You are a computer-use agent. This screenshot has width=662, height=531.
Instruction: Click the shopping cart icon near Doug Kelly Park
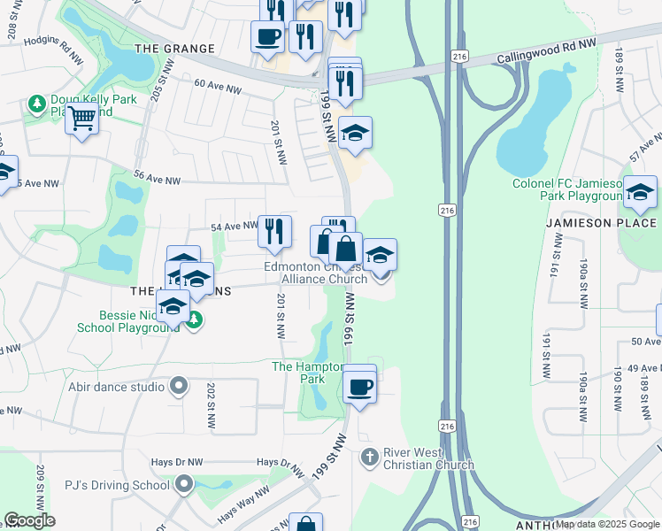[81, 117]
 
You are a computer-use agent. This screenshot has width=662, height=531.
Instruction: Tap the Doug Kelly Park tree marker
[37, 105]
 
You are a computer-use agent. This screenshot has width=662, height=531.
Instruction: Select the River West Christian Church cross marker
[371, 458]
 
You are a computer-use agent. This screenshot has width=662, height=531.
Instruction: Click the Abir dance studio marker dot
[180, 386]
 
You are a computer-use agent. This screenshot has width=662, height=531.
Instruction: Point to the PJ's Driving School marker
[184, 484]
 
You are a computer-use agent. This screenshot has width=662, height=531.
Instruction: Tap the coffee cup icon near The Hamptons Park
[359, 387]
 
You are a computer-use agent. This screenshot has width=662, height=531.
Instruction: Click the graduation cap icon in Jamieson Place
[640, 191]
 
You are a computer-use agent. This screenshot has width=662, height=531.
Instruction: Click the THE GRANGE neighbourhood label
[174, 49]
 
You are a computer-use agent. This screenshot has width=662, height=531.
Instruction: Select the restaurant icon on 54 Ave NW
[274, 231]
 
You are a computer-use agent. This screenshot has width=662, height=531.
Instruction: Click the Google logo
[28, 520]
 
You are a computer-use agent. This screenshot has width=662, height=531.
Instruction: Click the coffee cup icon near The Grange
[267, 37]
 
